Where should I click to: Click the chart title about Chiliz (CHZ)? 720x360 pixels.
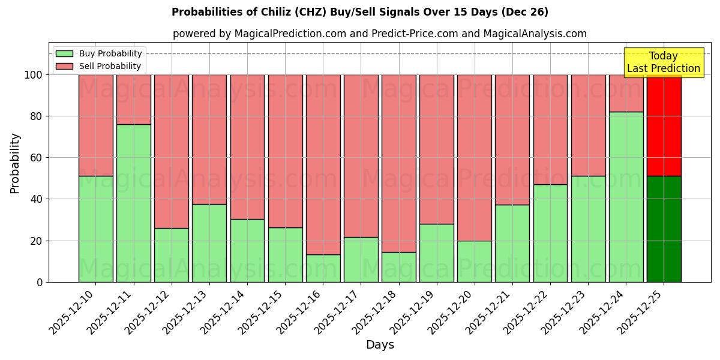pos(359,12)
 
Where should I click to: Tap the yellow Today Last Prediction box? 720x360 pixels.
pos(663,62)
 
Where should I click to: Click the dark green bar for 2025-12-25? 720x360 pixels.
pos(664,229)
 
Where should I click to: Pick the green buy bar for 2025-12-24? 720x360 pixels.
pos(626,197)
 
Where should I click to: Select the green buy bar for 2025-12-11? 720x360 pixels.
pos(133,203)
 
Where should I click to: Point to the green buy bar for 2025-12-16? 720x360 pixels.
pos(323,268)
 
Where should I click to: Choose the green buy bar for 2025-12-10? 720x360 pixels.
pos(95,229)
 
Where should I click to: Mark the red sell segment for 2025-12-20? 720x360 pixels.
pos(474,157)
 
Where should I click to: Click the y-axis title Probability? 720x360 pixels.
pos(15,163)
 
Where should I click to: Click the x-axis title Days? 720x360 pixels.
pos(380,345)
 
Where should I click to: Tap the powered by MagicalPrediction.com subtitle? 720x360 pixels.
pos(379,34)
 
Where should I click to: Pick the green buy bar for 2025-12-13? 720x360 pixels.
pos(209,243)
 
